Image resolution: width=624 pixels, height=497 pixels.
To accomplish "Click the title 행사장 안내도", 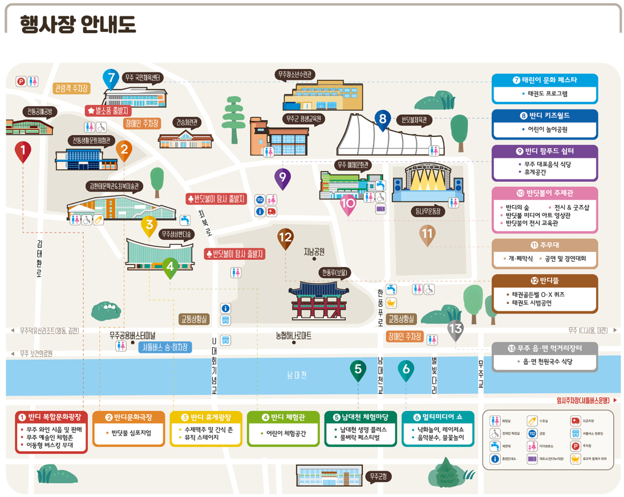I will (x=78, y=25).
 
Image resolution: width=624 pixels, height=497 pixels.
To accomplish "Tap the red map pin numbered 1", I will (x=23, y=151).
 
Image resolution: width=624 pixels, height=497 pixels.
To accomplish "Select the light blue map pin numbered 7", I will (x=111, y=78).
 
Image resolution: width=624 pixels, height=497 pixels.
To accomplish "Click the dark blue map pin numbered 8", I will (x=383, y=119).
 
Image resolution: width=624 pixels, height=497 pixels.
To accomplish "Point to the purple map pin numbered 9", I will (x=282, y=178).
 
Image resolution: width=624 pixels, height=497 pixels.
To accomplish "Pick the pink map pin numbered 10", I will (x=348, y=203).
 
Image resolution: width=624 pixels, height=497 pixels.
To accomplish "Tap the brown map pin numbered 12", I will (x=285, y=238).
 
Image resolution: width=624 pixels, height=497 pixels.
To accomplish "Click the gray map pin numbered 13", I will (x=455, y=329).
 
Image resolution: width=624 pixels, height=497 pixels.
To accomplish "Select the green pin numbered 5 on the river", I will (x=358, y=370).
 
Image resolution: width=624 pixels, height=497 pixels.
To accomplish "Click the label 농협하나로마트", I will (x=293, y=336).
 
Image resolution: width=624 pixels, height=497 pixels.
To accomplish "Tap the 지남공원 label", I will (x=314, y=251).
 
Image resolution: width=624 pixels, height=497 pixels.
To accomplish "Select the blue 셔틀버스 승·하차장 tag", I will (x=165, y=347).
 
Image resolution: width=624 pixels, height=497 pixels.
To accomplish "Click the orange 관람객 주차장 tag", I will (x=71, y=88).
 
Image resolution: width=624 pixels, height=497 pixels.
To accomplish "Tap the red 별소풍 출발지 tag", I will (x=108, y=110).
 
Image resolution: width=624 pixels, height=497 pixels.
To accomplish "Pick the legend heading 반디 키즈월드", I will (x=545, y=116).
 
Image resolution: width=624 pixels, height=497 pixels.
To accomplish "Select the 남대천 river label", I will (x=297, y=375).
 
